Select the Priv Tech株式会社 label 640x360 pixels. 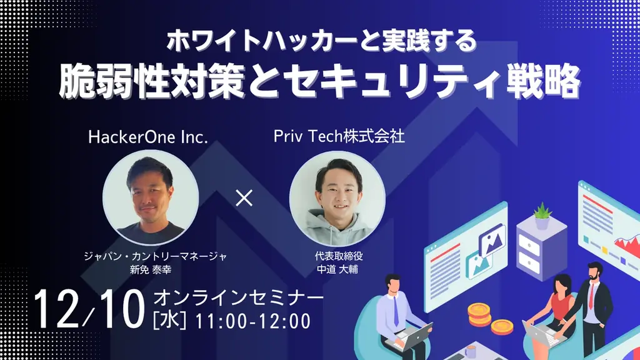[339, 137]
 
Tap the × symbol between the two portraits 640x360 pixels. [244, 199]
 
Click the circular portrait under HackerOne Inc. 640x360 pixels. [151, 197]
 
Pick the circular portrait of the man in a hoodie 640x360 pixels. [337, 197]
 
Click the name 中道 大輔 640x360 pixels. [339, 269]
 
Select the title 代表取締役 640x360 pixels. [339, 256]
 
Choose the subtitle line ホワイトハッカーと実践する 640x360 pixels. [321, 41]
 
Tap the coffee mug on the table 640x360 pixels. [470, 351]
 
